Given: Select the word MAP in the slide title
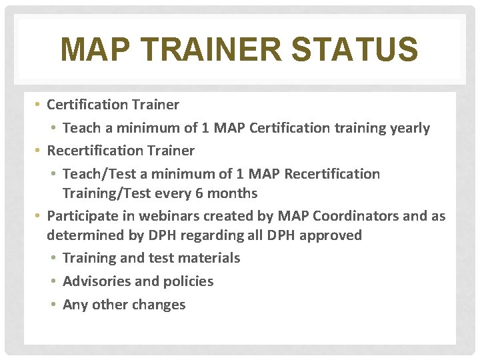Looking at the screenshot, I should click(91, 50).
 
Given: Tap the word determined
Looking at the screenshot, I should click(81, 235).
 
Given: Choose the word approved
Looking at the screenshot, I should click(334, 235).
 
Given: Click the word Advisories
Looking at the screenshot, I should click(97, 281).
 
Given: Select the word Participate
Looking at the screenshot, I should click(81, 216).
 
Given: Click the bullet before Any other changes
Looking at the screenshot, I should click(55, 305).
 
